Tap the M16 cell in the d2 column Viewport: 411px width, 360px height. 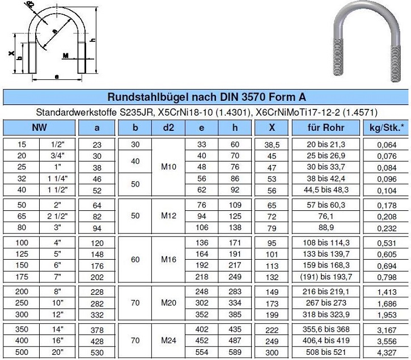pyautogui.click(x=169, y=259)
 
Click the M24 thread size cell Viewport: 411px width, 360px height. pyautogui.click(x=169, y=340)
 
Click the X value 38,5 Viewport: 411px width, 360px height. pyautogui.click(x=272, y=145)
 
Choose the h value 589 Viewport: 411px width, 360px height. pyautogui.click(x=235, y=351)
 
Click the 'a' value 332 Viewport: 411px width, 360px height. pyautogui.click(x=96, y=314)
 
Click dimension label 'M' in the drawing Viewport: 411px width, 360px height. pyautogui.click(x=66, y=56)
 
